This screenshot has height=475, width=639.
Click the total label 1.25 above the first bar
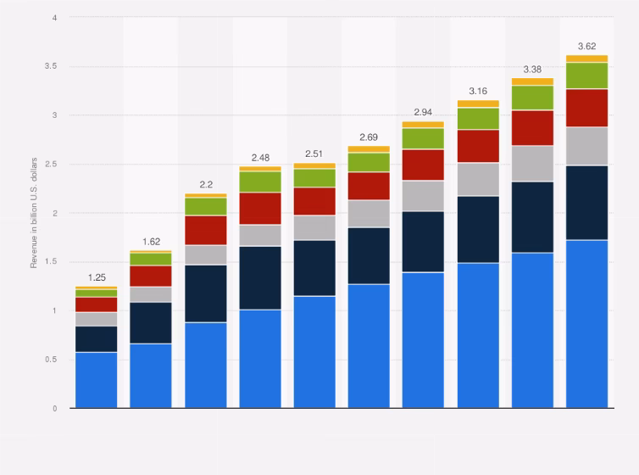[x=96, y=277]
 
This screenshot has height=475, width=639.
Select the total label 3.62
[x=586, y=46]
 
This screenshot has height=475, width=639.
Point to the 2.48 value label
[x=260, y=158]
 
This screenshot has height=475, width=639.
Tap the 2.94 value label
[x=423, y=112]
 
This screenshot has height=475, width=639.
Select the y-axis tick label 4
[x=54, y=17]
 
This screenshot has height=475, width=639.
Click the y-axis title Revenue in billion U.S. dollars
[x=35, y=213]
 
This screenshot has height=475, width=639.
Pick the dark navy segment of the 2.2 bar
[x=206, y=293]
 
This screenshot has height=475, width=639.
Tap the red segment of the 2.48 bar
[x=260, y=208]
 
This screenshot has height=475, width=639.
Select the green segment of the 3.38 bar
[x=532, y=98]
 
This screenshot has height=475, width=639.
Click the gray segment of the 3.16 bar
[x=478, y=179]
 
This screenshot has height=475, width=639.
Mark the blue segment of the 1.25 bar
[x=96, y=380]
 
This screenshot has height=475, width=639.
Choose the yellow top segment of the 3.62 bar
[x=586, y=59]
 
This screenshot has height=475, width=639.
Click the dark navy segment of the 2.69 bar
[x=369, y=255]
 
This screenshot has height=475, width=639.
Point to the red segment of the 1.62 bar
[x=151, y=276]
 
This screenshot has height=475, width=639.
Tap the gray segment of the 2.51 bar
[x=314, y=227]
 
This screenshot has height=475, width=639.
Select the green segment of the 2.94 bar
[x=423, y=138]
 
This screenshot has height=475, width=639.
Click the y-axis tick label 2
[x=54, y=213]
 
